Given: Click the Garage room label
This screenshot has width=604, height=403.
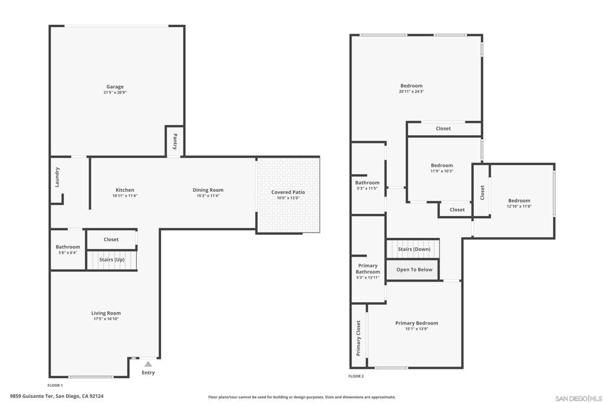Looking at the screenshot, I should coord(115,87).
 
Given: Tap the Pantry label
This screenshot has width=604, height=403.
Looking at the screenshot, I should coord(175,142).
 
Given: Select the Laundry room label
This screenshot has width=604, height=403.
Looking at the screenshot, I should coord(57,177).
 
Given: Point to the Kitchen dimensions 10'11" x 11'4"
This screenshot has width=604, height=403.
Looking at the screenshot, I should coord(124,196).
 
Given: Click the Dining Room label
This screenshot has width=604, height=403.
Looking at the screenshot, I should coord(208,190).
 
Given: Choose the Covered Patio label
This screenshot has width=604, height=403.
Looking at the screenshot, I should coord(288,192).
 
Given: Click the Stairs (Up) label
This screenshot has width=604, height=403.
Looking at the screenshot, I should coord(111,260).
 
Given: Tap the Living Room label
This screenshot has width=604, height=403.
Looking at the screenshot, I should coord(106,313).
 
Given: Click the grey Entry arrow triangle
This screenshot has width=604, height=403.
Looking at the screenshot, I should coord(148,364).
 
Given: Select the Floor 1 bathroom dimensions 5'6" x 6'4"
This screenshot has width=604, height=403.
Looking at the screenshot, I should coord(68,253).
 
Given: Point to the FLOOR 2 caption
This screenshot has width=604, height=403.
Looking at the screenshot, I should coord(356,376).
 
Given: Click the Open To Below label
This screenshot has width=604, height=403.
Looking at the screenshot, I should coord(414,270).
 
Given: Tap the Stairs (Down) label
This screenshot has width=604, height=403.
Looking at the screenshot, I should coord(414,249).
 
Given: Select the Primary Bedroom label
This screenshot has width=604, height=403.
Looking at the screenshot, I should coord(416,323).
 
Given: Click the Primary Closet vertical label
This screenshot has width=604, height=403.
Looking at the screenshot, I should coord(358,338).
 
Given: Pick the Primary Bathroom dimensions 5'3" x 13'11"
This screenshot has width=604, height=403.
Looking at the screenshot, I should coord(367,277).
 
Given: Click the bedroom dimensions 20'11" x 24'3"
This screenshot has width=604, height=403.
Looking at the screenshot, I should coord(411,91).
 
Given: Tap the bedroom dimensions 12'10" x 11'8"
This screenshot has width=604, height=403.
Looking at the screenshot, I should coord(519,207).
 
